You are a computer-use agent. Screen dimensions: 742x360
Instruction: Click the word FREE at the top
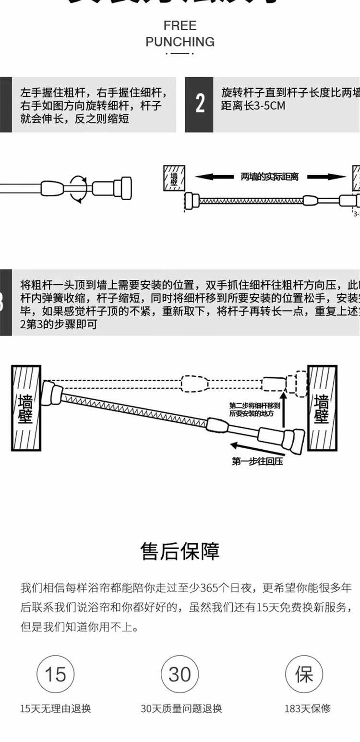180,25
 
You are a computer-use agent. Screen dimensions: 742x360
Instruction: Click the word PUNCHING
180,42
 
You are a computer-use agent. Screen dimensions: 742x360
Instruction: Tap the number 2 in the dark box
199,103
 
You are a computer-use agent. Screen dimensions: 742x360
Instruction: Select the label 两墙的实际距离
269,177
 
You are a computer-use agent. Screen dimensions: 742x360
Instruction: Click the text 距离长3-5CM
253,106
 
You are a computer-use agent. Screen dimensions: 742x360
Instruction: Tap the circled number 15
55,674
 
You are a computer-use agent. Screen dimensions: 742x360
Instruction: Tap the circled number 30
180,674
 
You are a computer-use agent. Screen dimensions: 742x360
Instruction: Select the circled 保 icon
304,674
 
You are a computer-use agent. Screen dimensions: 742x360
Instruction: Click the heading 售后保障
180,551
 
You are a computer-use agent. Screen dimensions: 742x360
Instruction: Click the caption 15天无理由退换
55,708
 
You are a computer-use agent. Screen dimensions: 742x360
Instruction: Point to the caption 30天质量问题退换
181,708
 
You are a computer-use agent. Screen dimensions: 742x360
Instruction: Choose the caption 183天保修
307,708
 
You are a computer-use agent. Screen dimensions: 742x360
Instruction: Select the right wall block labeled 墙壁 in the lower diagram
322,408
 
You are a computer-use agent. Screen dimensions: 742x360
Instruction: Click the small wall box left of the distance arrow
174,179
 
